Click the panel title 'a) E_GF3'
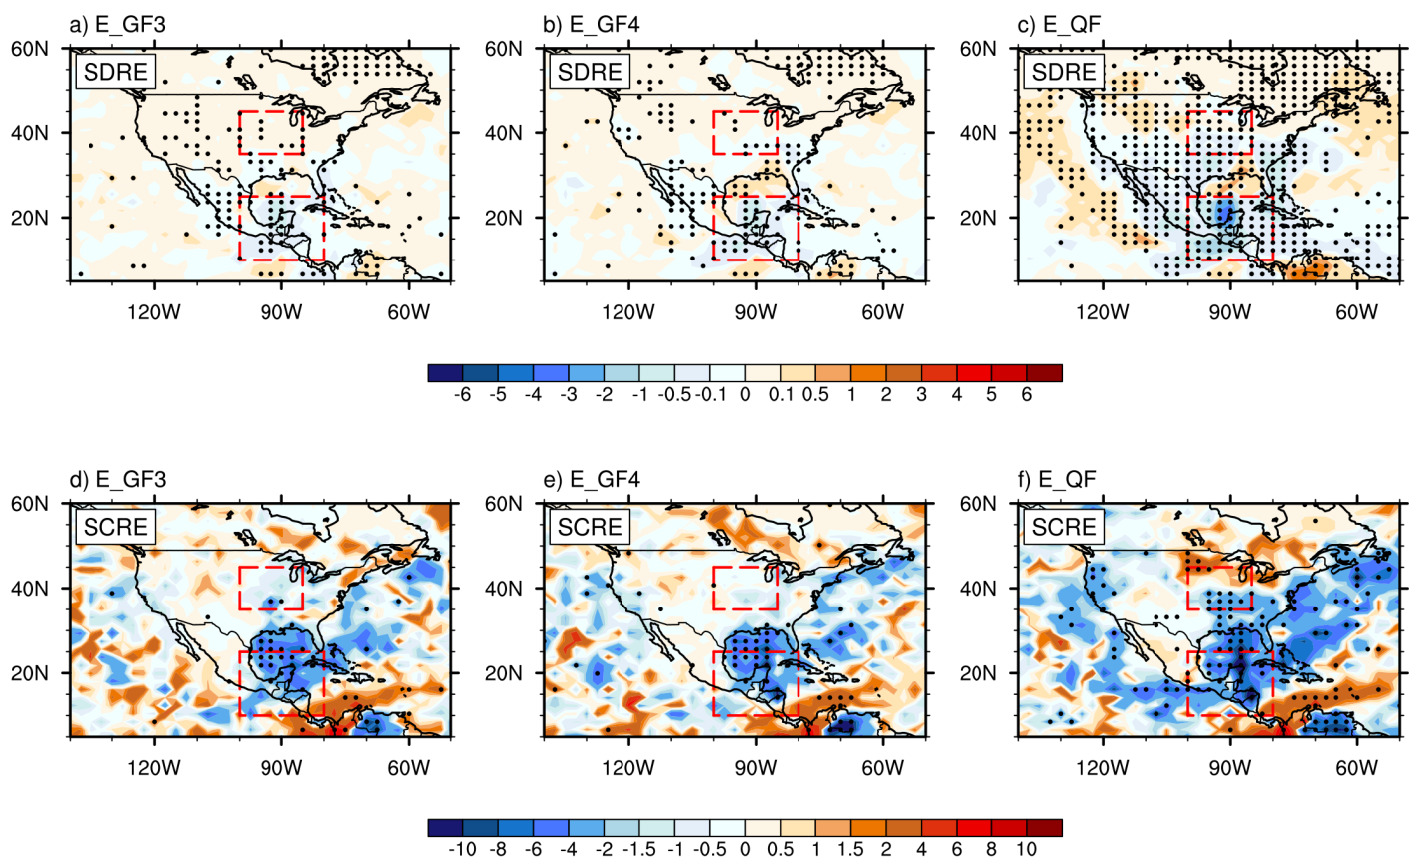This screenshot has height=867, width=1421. coord(116,25)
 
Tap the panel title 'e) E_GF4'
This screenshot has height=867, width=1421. coord(591,480)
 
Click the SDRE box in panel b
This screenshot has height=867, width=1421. coord(590,72)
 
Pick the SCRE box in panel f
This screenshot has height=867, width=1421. coord(1064,527)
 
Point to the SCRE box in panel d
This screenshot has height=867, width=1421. coord(115,527)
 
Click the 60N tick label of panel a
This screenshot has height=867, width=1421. coord(30,49)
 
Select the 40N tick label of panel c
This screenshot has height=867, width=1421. coord(977,133)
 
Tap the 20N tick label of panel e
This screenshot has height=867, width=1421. coord(503,673)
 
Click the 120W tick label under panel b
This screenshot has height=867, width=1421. coord(628,312)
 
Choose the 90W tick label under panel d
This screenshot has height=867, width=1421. coord(281,768)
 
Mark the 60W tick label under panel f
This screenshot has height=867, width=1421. coord(1356,768)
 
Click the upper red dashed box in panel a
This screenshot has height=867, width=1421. coord(270,133)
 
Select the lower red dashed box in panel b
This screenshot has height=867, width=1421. coord(756,229)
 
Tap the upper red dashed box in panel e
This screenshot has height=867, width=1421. coord(745,589)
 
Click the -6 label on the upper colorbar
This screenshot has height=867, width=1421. coord(461,395)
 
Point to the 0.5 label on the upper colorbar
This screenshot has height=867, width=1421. coord(815,395)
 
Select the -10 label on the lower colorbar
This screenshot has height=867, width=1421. coord(462,850)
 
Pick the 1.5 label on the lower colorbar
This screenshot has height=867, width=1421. coord(850,850)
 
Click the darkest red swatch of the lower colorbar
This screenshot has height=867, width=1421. coord(1044,828)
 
